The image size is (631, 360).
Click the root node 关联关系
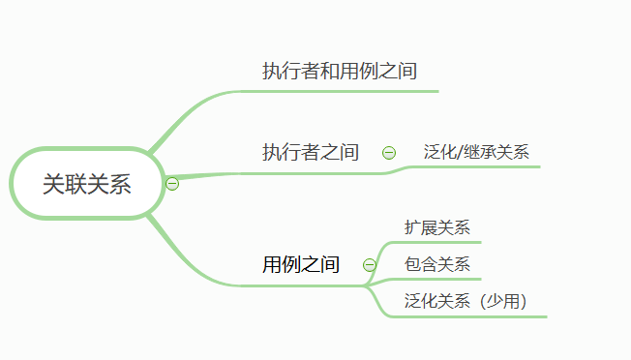(x=86, y=184)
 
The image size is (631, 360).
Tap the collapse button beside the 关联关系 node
(x=172, y=184)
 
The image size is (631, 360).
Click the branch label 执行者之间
(x=311, y=152)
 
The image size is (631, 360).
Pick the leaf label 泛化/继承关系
(x=476, y=152)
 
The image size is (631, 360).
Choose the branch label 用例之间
(x=301, y=264)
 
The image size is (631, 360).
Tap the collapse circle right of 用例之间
(x=369, y=264)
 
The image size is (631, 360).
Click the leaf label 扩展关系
(x=437, y=228)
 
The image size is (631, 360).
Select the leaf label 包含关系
(x=437, y=264)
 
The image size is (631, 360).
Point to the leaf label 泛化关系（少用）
(x=466, y=301)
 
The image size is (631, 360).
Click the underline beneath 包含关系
(x=436, y=279)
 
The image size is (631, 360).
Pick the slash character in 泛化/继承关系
(x=459, y=152)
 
